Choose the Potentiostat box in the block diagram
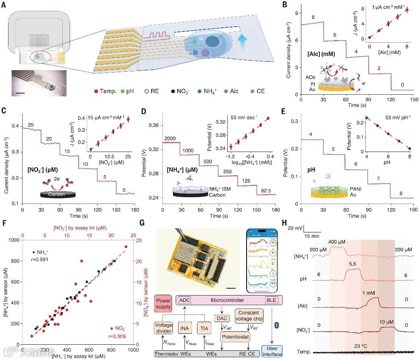coord(235,335)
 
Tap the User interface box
coord(272,351)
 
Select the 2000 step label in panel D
coord(170,139)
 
